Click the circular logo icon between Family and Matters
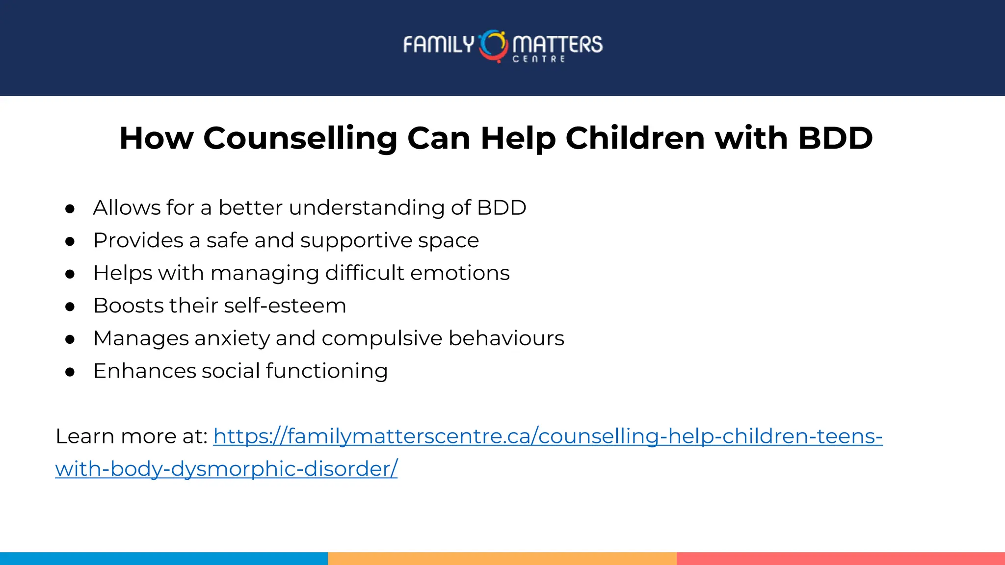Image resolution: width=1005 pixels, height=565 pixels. [x=493, y=46]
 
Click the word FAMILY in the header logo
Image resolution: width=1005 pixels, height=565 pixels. [x=438, y=45]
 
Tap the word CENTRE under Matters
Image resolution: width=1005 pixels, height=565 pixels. [x=539, y=59]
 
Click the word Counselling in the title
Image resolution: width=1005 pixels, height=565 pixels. [x=300, y=138]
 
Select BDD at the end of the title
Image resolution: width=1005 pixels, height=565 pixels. [x=835, y=138]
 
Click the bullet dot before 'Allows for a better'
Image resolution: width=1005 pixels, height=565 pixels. [x=70, y=209]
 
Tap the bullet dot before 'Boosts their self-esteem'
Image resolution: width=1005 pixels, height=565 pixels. [x=70, y=307]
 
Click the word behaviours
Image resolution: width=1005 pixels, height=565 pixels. [x=506, y=338]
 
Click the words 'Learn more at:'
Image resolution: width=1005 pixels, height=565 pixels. [x=132, y=437]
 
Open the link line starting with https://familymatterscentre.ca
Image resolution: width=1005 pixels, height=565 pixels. [x=548, y=437]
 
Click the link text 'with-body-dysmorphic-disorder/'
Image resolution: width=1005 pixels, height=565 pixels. [x=226, y=469]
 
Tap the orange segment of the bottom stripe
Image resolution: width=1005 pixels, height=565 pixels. [x=502, y=559]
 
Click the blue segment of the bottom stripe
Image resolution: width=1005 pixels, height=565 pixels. [x=163, y=559]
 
